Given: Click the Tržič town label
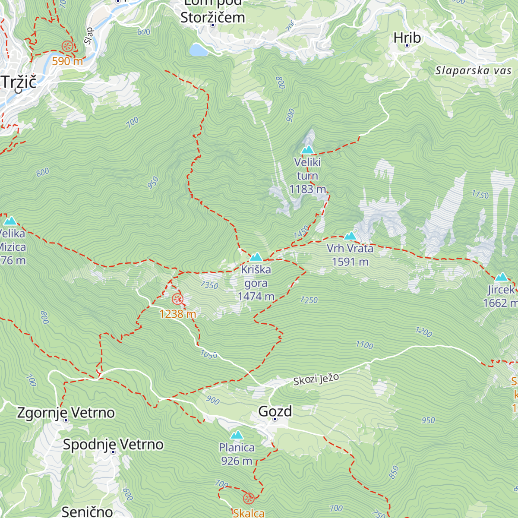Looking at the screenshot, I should pyautogui.click(x=19, y=82).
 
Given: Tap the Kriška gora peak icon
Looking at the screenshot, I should pyautogui.click(x=256, y=257).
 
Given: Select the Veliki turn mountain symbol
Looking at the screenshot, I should pyautogui.click(x=307, y=150).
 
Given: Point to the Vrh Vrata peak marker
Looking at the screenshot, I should pyautogui.click(x=350, y=236).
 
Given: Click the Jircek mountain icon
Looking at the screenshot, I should pyautogui.click(x=501, y=277).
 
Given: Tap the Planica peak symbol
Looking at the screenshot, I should pyautogui.click(x=237, y=435).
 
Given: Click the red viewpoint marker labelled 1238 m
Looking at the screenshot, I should pyautogui.click(x=177, y=299).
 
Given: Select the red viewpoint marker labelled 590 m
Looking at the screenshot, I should pyautogui.click(x=67, y=46).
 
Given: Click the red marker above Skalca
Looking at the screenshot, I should pyautogui.click(x=249, y=498).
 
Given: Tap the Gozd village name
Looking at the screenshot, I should pyautogui.click(x=275, y=411).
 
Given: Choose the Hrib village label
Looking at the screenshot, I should pyautogui.click(x=407, y=38).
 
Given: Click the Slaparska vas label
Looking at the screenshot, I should pyautogui.click(x=473, y=71).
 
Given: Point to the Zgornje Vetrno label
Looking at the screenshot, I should pyautogui.click(x=66, y=413).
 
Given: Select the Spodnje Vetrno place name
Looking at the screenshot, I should pyautogui.click(x=113, y=444).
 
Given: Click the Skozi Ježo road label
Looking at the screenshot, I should pyautogui.click(x=316, y=379).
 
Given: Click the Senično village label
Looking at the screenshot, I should pyautogui.click(x=87, y=512).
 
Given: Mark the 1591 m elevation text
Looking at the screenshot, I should pyautogui.click(x=350, y=262).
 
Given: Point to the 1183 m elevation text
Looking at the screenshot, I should pyautogui.click(x=307, y=189).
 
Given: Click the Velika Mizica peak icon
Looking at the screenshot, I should pyautogui.click(x=10, y=221).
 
